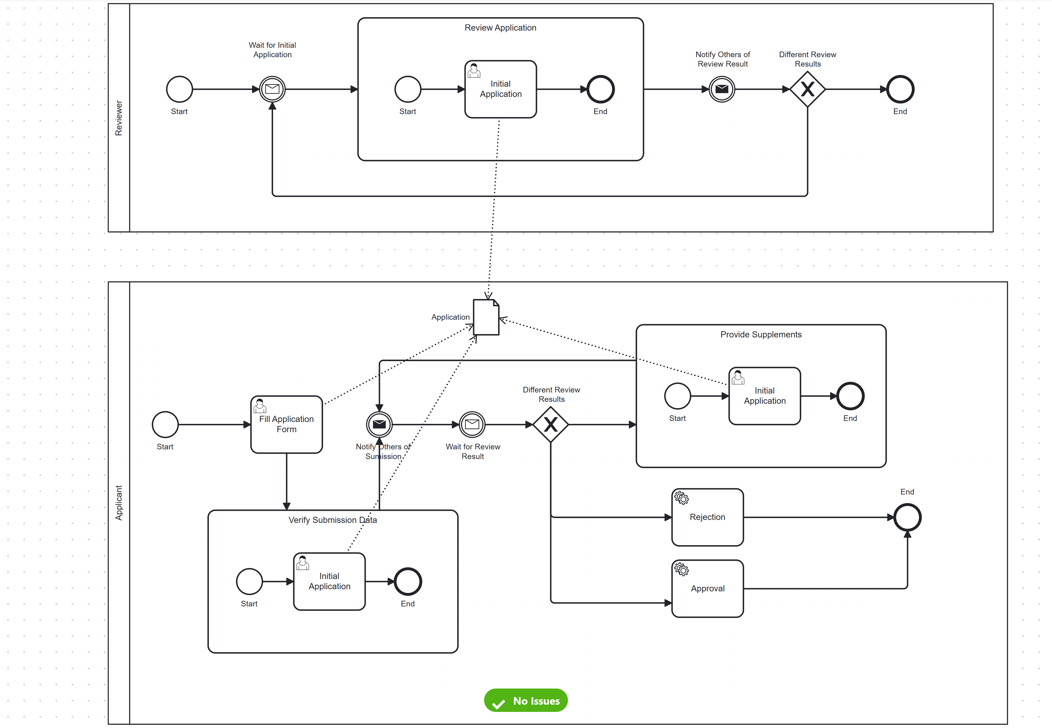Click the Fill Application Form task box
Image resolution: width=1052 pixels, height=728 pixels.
[x=286, y=424]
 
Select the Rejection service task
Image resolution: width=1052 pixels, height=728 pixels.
[x=708, y=517]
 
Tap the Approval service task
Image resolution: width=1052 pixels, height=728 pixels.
[x=708, y=588]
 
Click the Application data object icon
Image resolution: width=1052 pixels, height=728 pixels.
[x=486, y=318]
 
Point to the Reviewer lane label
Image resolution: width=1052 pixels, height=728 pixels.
[x=119, y=118]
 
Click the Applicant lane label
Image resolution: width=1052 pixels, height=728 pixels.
[x=119, y=503]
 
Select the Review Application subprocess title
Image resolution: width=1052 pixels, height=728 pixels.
[x=500, y=28]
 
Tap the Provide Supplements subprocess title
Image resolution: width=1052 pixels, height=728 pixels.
[x=761, y=334]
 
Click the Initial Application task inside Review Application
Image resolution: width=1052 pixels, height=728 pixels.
[x=500, y=89]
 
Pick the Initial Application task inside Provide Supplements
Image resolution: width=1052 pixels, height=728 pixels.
[x=765, y=396]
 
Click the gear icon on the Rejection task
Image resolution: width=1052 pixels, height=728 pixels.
[x=681, y=498]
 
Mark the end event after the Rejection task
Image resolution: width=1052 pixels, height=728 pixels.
[x=907, y=517]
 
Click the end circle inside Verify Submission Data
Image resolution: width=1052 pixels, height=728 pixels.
[x=408, y=582]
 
